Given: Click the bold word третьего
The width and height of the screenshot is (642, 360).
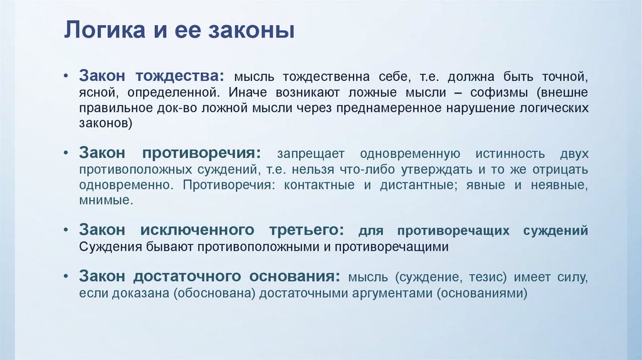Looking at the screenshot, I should click(307, 230).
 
